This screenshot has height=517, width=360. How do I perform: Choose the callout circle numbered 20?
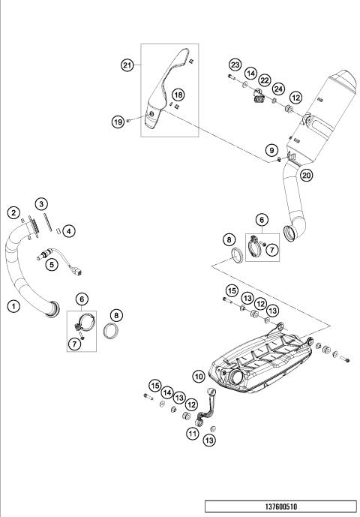306,175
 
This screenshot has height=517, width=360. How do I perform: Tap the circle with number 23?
235,67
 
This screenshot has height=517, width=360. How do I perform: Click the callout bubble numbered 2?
13,213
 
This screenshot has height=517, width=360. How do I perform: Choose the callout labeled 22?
264,80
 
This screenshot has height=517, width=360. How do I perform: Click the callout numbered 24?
278,88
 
